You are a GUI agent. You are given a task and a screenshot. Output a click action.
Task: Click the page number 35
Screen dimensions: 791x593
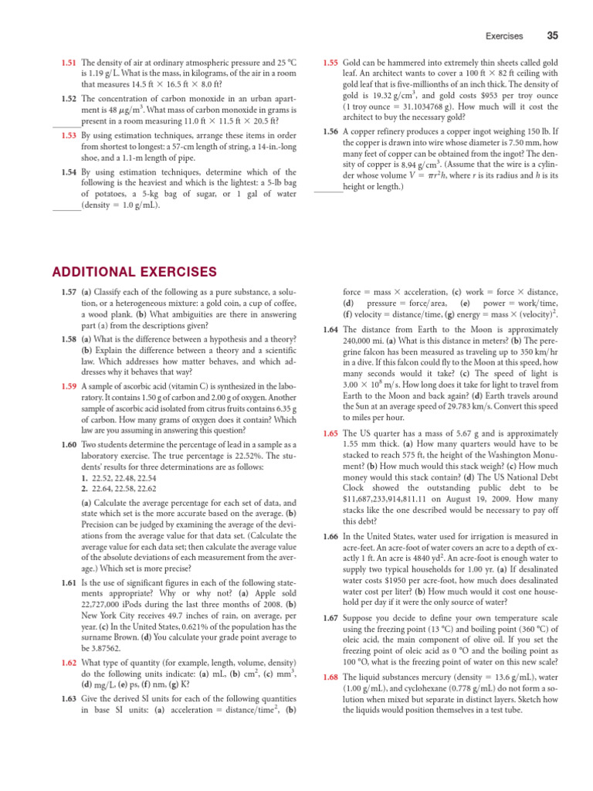(552, 36)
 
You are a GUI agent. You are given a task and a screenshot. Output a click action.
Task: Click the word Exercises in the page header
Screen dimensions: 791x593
(503, 36)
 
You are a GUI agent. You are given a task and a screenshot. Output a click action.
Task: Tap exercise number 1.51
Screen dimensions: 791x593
(69, 62)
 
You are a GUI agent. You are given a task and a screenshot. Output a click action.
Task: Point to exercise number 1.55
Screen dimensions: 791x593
(330, 62)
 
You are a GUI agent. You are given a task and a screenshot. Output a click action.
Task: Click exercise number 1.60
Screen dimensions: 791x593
(69, 446)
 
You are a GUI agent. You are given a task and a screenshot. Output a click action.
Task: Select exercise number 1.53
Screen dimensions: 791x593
(69, 135)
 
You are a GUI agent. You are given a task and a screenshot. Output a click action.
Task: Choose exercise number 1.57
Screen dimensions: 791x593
(69, 292)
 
